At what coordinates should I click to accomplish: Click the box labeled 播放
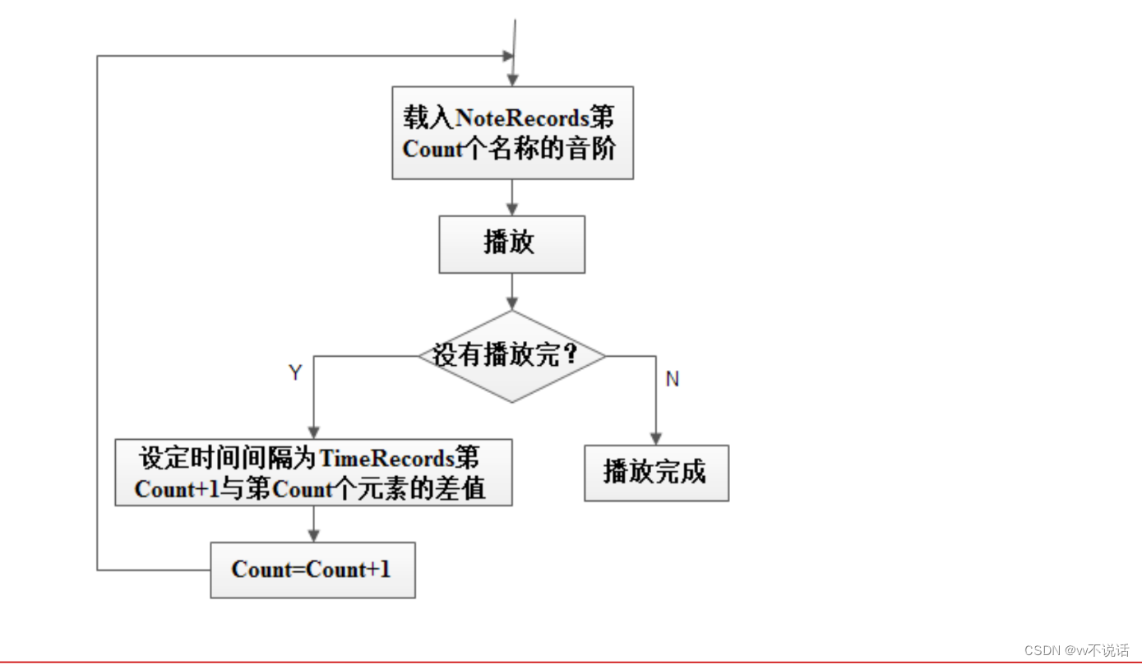point(511,244)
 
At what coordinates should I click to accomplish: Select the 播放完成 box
point(656,473)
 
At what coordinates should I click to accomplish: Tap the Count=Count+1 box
point(312,570)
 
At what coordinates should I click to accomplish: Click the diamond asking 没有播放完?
point(511,356)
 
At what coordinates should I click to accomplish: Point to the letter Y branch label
point(295,373)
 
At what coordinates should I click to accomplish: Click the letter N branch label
point(673,379)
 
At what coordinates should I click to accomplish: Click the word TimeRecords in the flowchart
point(386,458)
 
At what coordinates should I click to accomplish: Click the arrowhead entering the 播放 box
point(512,210)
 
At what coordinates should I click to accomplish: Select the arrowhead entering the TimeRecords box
point(313,432)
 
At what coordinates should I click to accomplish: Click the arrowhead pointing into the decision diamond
point(512,304)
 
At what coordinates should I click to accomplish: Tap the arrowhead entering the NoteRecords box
point(512,80)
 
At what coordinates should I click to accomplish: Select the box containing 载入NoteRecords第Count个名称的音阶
point(511,132)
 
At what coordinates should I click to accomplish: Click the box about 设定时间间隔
point(313,473)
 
